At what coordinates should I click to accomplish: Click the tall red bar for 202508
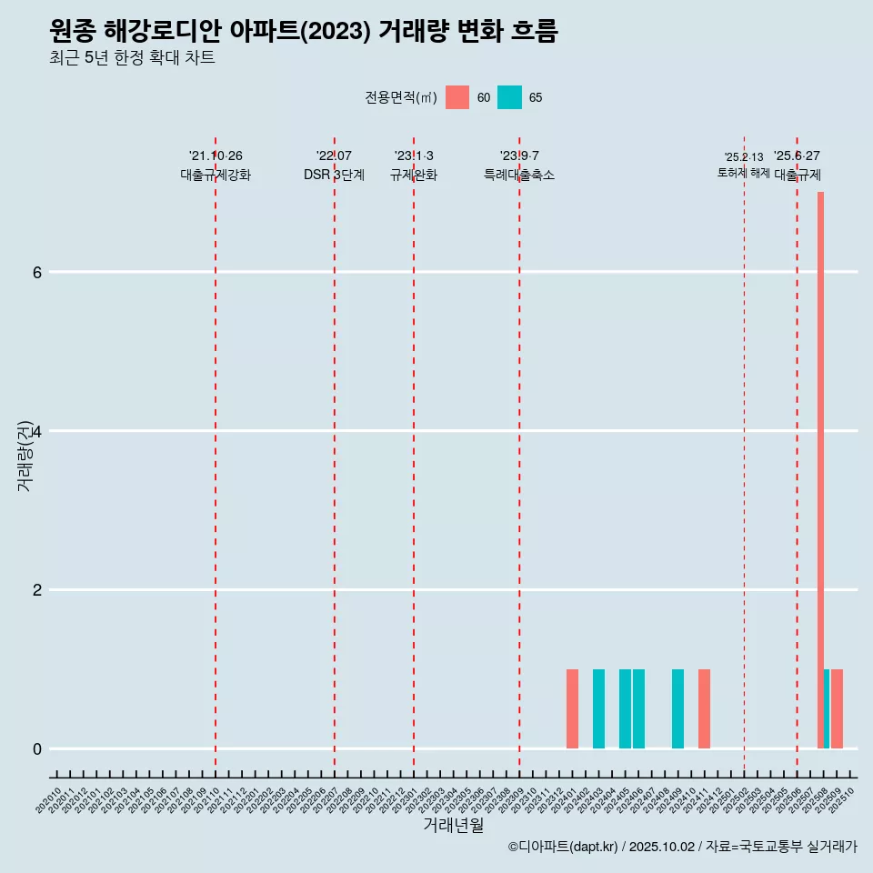(820, 469)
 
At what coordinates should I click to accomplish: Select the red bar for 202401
(572, 709)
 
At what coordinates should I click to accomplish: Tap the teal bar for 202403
(598, 709)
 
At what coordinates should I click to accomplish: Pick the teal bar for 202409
(677, 709)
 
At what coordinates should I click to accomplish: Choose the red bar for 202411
(704, 709)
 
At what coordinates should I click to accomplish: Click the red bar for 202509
(838, 709)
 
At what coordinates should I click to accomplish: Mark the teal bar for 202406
(638, 709)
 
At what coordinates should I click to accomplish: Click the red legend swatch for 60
(457, 97)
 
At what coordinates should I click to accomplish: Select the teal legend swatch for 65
(509, 97)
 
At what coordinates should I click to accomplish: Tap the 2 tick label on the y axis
(37, 589)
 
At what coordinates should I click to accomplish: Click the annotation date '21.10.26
(216, 156)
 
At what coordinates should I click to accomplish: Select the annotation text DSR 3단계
(334, 176)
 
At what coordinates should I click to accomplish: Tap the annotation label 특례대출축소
(518, 176)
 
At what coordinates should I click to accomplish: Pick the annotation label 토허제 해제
(743, 173)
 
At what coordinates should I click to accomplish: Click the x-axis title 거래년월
(453, 825)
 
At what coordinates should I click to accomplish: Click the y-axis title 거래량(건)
(25, 457)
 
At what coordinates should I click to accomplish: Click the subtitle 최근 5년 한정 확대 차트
(133, 58)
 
